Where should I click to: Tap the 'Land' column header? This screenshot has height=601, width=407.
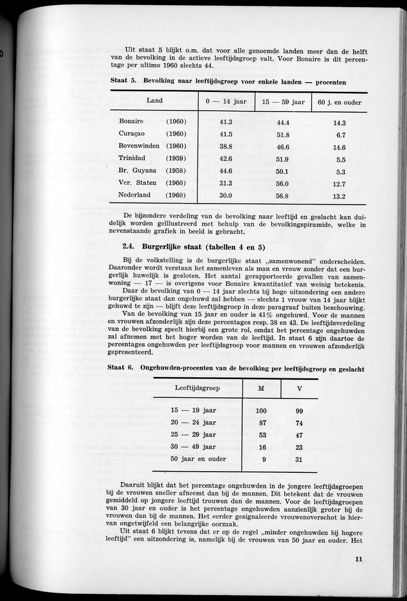click(x=154, y=101)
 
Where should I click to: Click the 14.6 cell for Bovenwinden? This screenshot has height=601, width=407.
click(x=339, y=147)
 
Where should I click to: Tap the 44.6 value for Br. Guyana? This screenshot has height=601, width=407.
click(x=225, y=171)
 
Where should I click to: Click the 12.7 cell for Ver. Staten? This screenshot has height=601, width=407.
click(x=339, y=184)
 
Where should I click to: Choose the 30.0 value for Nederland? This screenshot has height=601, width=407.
click(x=225, y=196)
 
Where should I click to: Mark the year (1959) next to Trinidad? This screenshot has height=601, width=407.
click(x=176, y=158)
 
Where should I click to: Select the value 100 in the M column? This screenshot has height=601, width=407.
click(x=262, y=411)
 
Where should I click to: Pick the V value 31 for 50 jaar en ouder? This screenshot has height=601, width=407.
click(x=299, y=459)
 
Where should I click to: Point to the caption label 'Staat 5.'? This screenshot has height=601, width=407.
click(x=121, y=83)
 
